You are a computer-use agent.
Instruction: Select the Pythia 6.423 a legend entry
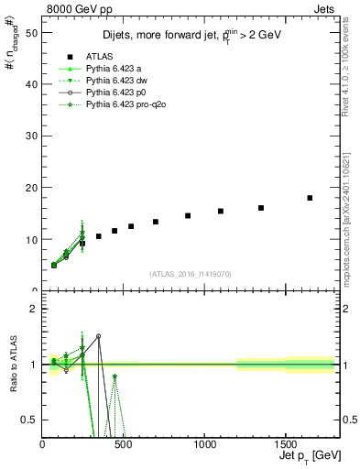click(117, 69)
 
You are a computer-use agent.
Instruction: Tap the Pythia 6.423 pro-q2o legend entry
click(126, 104)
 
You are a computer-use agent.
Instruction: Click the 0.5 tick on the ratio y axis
click(30, 420)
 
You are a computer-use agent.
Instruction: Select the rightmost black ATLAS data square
click(310, 198)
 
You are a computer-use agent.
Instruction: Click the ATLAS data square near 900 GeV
click(188, 216)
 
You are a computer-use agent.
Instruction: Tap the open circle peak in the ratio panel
click(98, 336)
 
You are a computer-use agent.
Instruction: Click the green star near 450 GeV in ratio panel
click(115, 376)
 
